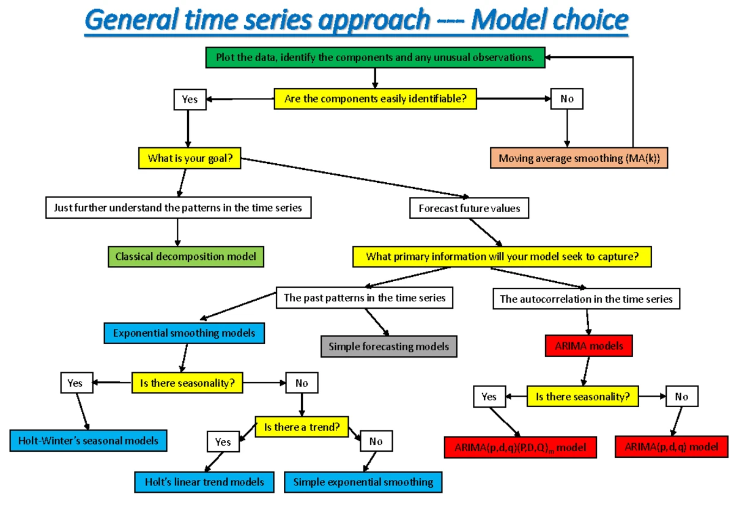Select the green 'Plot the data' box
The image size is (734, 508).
(x=374, y=58)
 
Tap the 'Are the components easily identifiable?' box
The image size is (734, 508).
(x=375, y=98)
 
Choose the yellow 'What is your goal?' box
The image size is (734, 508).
(x=190, y=159)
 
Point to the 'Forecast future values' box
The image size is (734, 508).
(x=469, y=208)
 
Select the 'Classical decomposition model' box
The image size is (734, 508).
(x=186, y=257)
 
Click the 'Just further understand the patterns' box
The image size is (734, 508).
(x=178, y=208)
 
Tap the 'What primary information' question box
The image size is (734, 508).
(x=502, y=257)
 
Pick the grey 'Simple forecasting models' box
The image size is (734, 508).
(x=389, y=347)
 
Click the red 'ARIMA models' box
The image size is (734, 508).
(x=588, y=346)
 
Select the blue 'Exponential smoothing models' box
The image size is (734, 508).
(x=184, y=333)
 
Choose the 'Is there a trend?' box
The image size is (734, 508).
(x=302, y=427)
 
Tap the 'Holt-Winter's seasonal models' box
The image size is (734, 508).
(x=88, y=440)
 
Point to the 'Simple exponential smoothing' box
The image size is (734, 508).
(x=363, y=482)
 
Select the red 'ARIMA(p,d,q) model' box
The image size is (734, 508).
(x=672, y=447)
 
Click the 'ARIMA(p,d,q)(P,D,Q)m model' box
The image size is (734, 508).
(x=520, y=447)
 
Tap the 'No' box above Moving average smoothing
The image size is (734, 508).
(x=567, y=98)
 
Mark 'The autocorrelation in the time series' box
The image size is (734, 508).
(x=586, y=299)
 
